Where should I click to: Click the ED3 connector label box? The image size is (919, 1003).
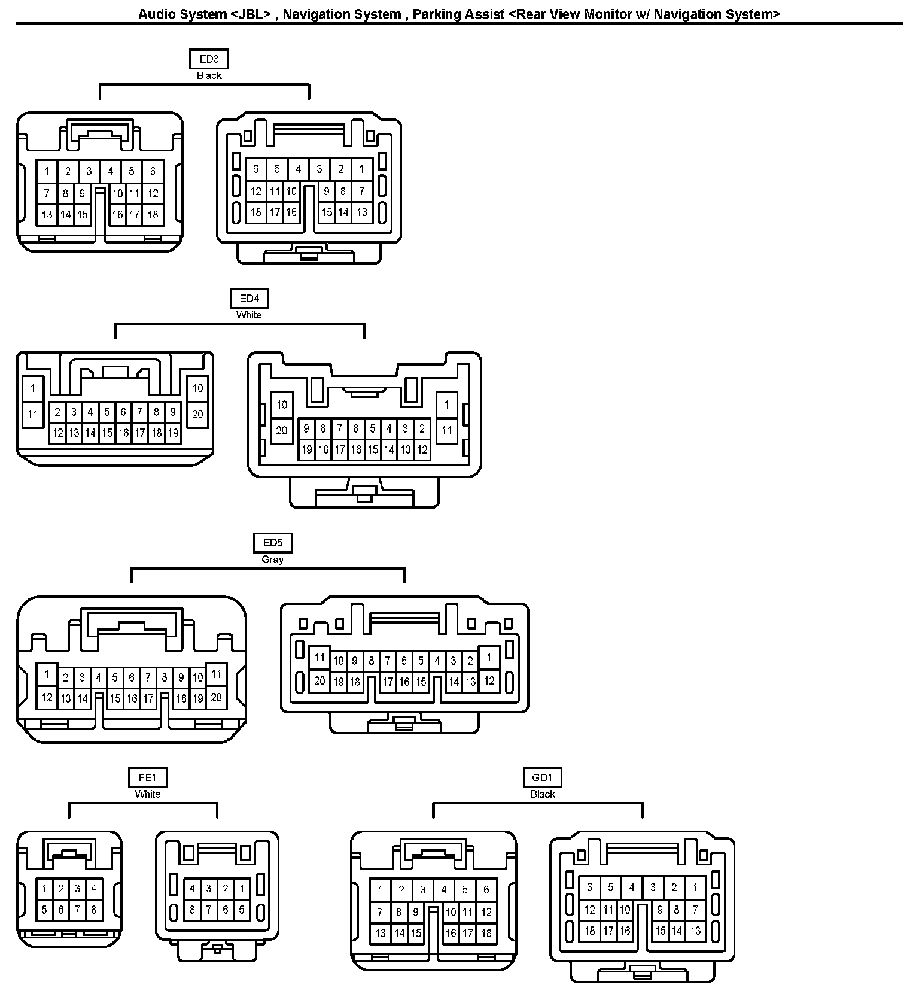[209, 59]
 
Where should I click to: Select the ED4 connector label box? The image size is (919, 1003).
[249, 299]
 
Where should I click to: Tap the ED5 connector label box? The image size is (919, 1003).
[272, 543]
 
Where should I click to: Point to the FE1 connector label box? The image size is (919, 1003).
[147, 777]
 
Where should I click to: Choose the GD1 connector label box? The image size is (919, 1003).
[542, 777]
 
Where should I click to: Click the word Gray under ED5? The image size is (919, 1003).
[272, 560]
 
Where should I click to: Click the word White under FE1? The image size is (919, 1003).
[147, 794]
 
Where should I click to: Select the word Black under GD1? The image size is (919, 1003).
[542, 794]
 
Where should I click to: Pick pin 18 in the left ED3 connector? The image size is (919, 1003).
[153, 214]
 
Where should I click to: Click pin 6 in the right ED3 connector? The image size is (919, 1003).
[256, 169]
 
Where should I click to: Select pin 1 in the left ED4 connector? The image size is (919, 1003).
[33, 388]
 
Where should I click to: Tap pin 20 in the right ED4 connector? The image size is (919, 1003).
[281, 430]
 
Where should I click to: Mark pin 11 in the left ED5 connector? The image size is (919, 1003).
[216, 674]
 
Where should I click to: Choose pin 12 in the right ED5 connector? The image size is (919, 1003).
[489, 680]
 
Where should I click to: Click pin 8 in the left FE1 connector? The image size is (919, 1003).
[94, 910]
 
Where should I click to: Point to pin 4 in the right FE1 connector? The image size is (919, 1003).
[193, 889]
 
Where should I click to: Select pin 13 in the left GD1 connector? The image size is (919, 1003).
[381, 932]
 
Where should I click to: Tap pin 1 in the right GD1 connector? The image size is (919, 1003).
[695, 887]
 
